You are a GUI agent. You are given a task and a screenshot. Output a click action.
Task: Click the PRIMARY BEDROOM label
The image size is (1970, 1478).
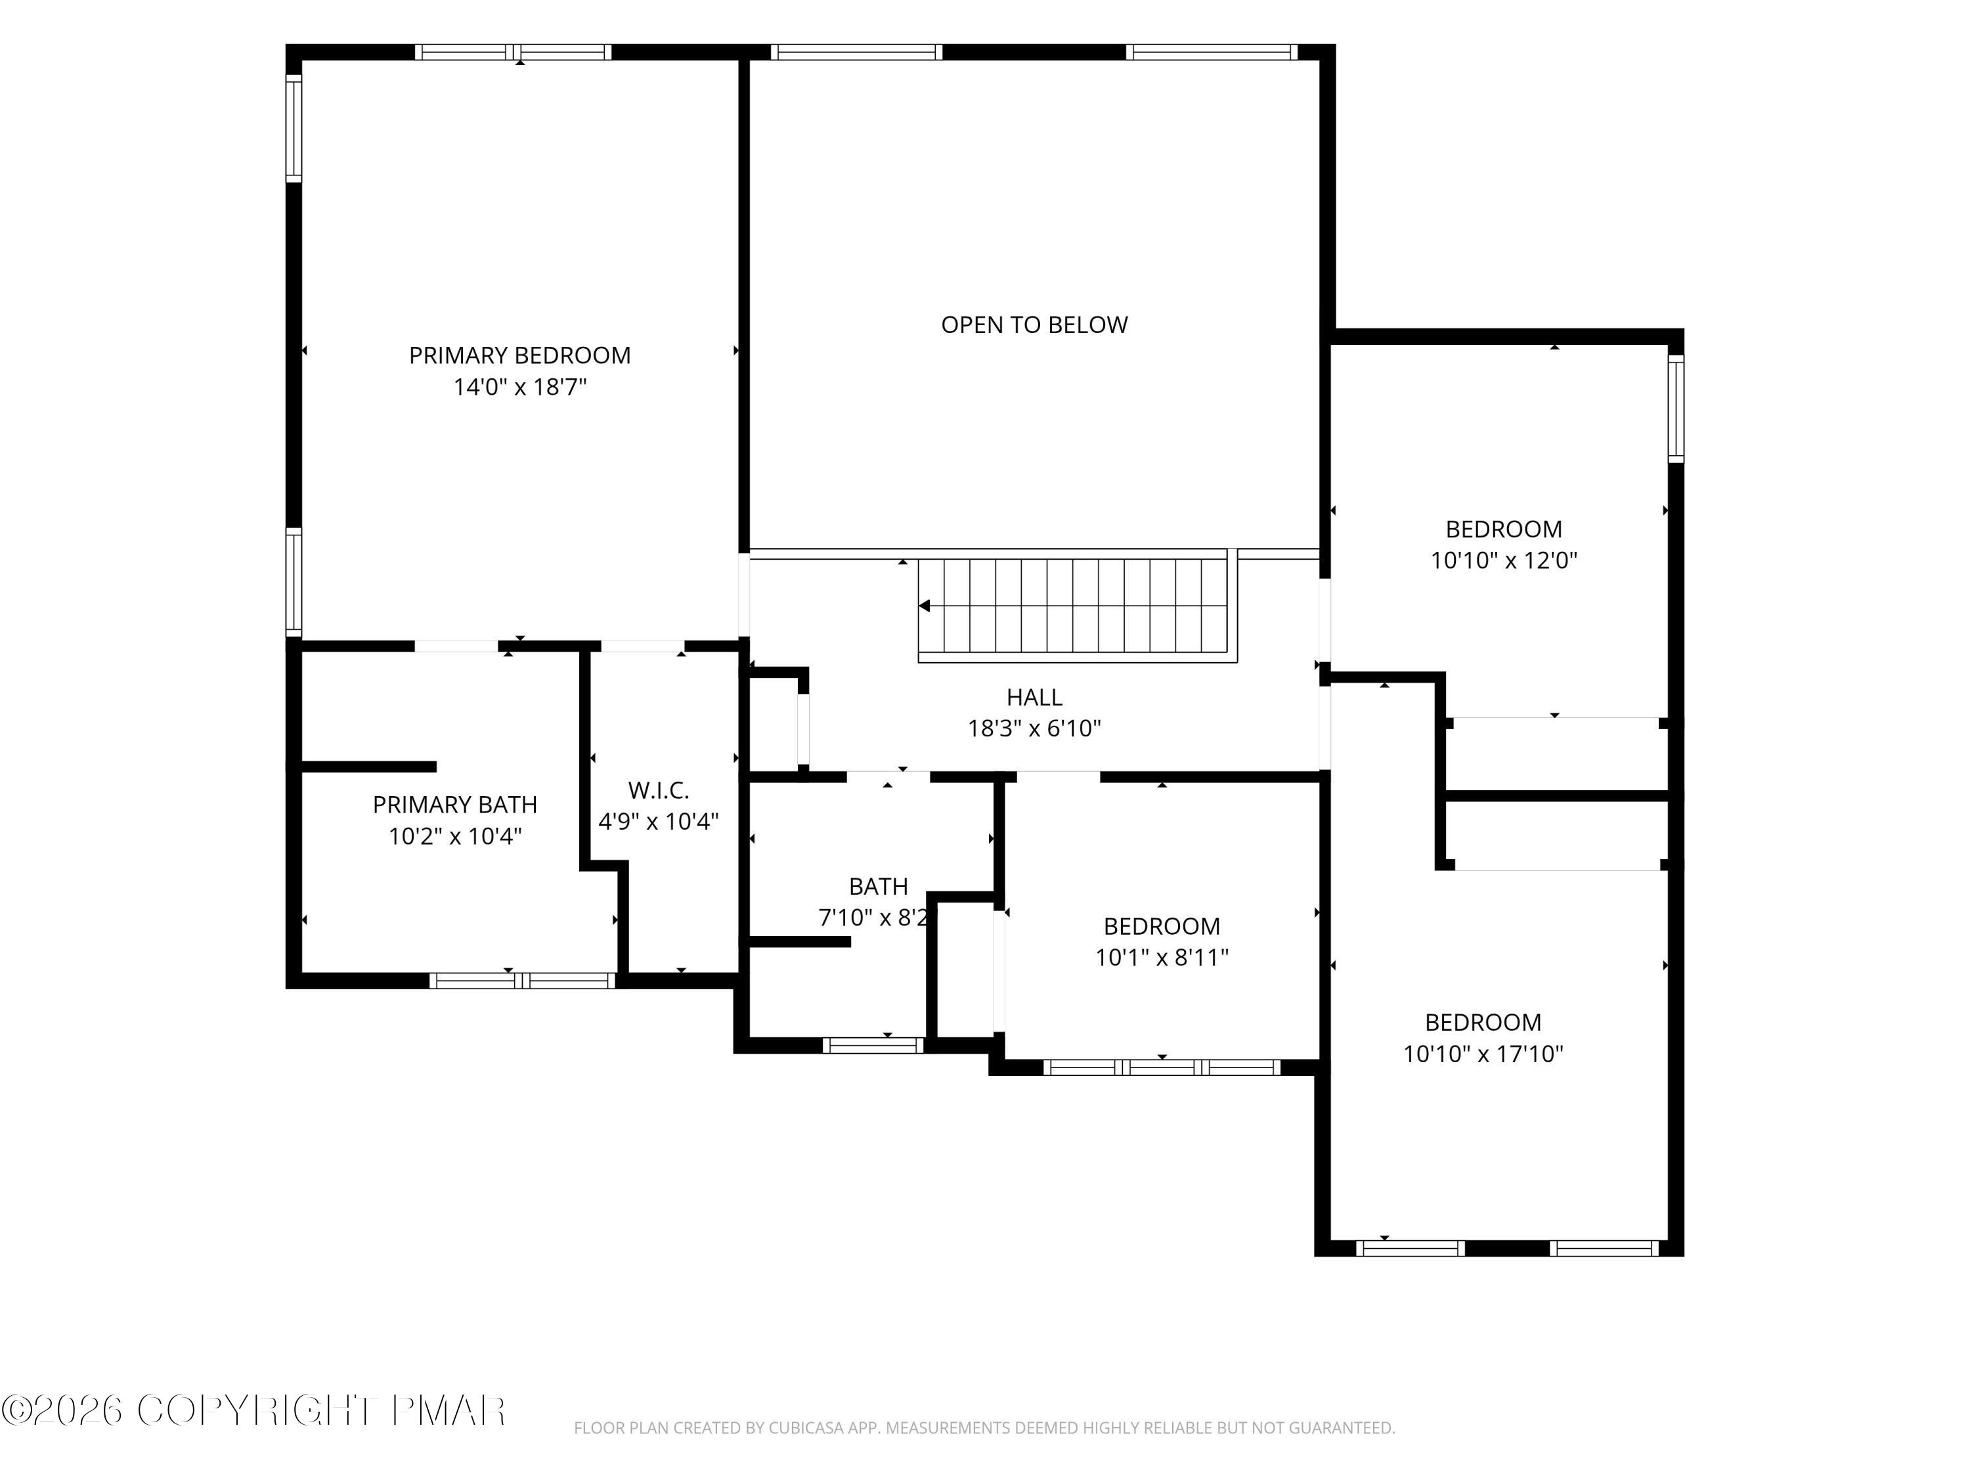519,355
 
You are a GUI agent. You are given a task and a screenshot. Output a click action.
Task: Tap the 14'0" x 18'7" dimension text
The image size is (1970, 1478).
520,387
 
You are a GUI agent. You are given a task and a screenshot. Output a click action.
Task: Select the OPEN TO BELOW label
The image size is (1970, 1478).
1034,325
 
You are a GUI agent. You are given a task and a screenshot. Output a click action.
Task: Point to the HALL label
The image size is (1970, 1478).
1034,697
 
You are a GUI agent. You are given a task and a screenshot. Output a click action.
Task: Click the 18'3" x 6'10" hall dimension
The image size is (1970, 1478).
1034,728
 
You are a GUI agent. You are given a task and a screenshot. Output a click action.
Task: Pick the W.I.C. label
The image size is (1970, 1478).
658,790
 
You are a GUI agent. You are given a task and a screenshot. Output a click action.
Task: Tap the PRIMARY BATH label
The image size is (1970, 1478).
454,805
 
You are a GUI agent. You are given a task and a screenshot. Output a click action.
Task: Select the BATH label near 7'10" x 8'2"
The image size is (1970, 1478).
878,886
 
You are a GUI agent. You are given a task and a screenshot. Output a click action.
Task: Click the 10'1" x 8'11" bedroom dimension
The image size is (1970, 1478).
1162,958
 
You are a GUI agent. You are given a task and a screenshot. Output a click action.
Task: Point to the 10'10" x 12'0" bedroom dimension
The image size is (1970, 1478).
1503,560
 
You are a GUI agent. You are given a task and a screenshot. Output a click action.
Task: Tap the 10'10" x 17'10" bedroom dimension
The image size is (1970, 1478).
1483,1054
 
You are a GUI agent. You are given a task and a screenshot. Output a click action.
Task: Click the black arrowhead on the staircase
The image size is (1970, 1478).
925,606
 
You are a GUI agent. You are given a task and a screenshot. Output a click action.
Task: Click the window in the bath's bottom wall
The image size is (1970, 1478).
873,1045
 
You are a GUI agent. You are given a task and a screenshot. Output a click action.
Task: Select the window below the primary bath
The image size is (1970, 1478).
522,981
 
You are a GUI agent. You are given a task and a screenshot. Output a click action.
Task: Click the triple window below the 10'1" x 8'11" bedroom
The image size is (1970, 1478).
1162,1067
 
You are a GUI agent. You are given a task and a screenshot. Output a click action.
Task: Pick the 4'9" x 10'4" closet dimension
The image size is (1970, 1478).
658,821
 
